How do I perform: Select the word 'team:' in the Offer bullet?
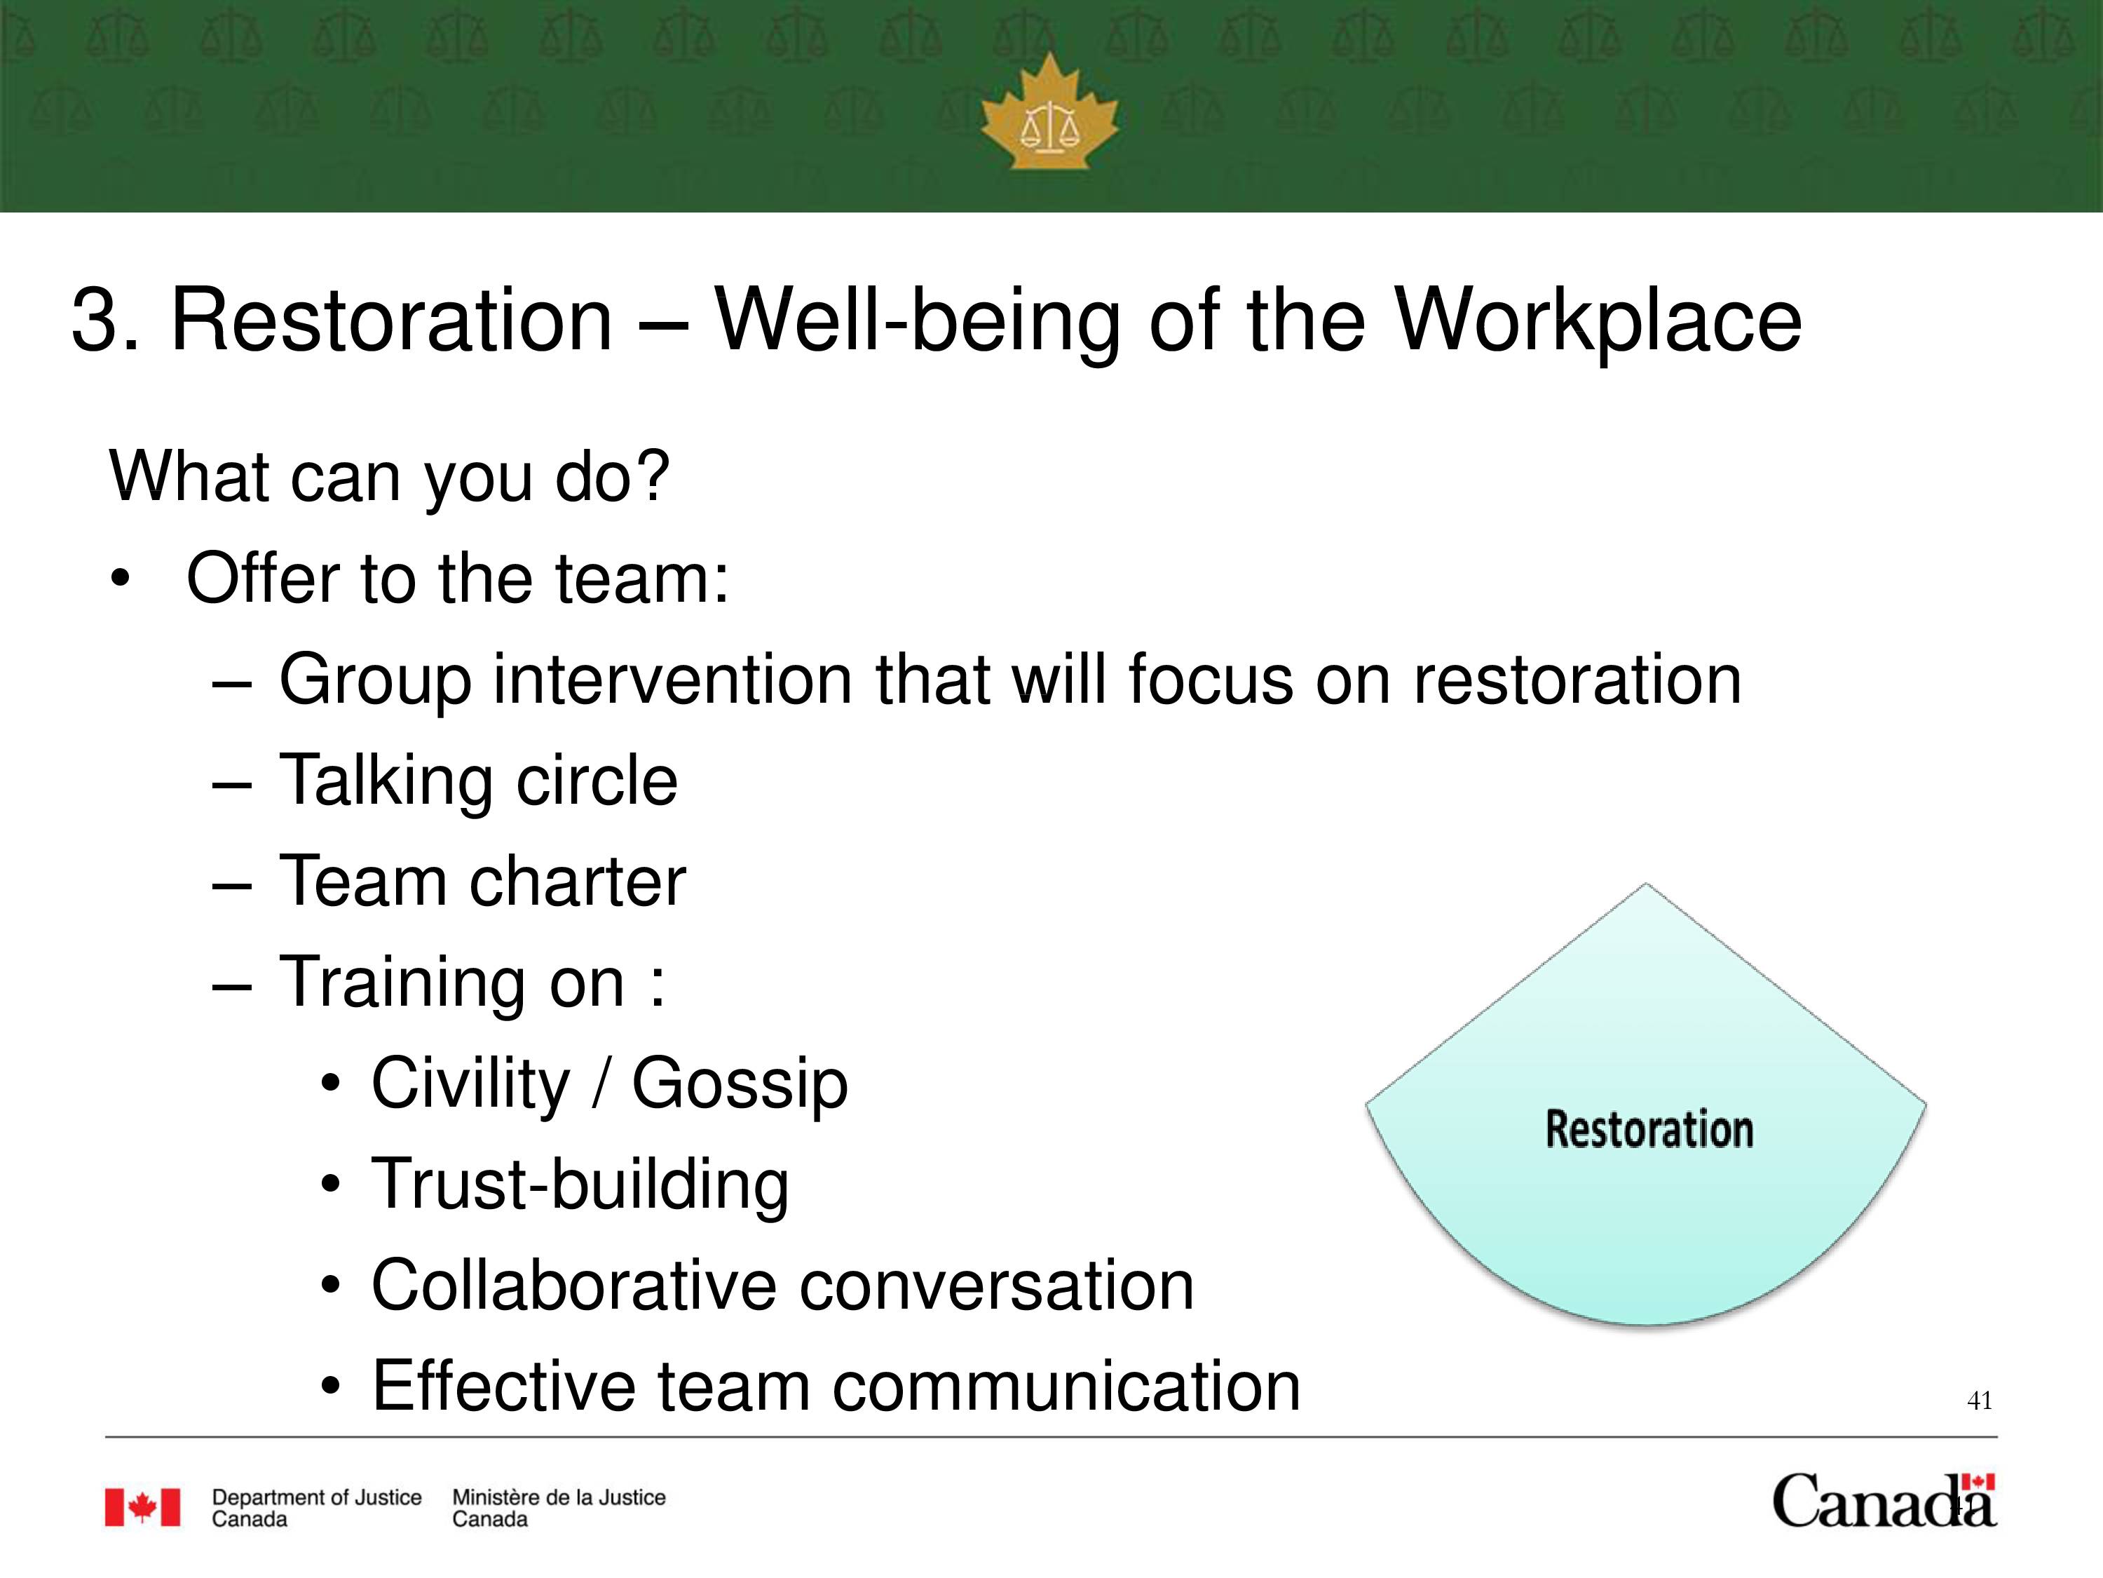[641, 579]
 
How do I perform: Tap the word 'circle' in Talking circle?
[596, 780]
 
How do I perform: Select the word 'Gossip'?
[740, 1085]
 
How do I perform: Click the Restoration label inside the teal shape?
[1649, 1129]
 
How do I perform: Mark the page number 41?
[1980, 1400]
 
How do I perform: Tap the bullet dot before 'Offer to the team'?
[119, 579]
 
